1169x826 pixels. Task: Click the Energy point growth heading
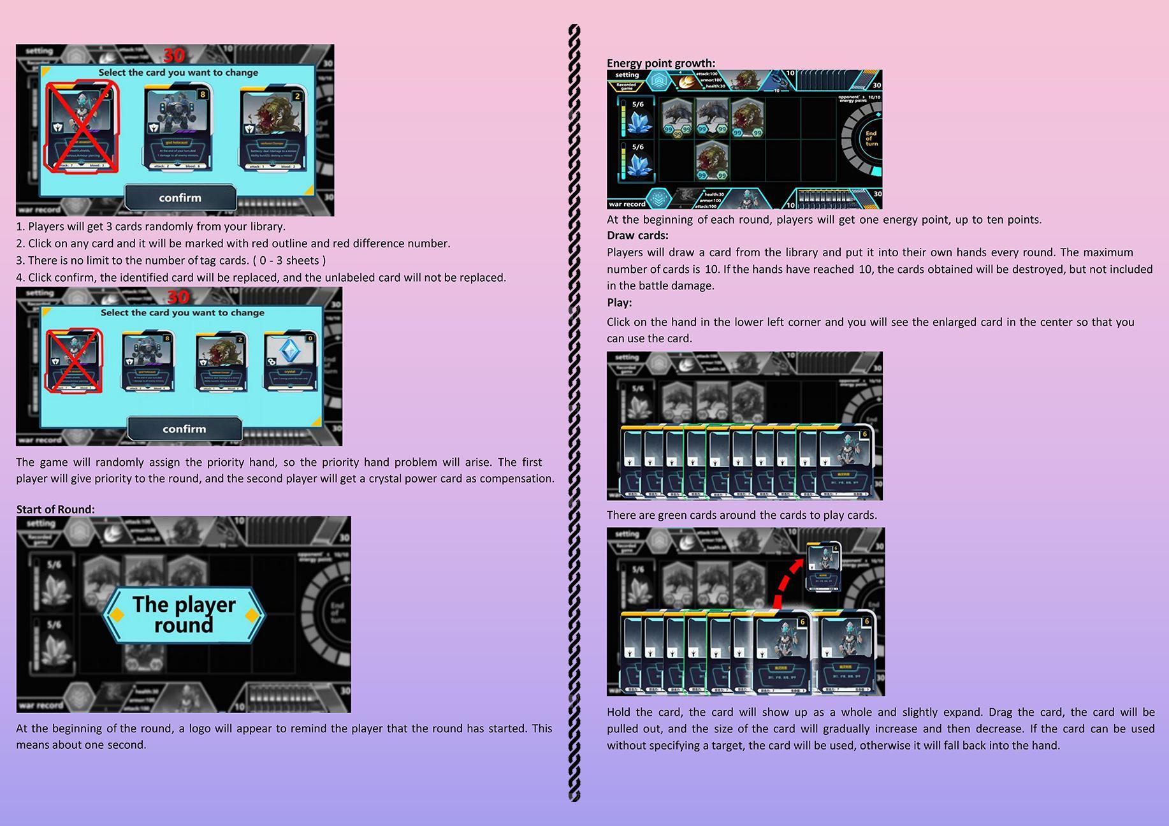click(660, 63)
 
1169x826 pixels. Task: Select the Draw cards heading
click(637, 236)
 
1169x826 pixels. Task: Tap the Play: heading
click(619, 303)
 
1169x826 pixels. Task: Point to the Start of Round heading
click(55, 509)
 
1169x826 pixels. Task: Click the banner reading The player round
click(184, 614)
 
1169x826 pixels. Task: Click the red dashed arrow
click(788, 581)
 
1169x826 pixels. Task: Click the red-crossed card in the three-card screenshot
click(82, 127)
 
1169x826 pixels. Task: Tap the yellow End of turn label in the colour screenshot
click(871, 138)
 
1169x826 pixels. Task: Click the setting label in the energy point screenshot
click(627, 75)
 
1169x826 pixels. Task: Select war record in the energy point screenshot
click(627, 204)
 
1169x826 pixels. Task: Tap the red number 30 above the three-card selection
click(173, 55)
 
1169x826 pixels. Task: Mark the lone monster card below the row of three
click(712, 161)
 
